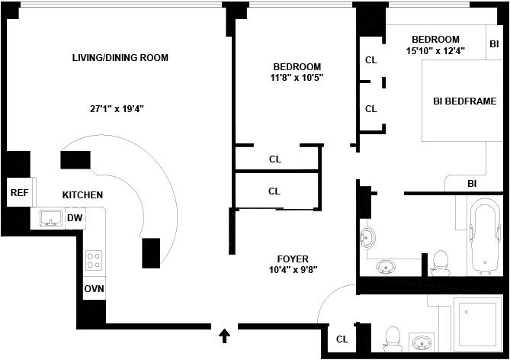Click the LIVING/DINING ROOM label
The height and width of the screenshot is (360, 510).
(120, 58)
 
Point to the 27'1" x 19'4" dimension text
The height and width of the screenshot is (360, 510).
(117, 109)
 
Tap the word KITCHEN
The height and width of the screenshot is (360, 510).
(82, 195)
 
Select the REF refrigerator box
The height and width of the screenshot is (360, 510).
(18, 192)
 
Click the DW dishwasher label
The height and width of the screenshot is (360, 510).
(75, 219)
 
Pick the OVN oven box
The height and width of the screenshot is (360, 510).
(94, 289)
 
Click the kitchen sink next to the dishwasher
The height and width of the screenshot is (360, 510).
(50, 218)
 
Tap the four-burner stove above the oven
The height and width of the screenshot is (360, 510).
(94, 261)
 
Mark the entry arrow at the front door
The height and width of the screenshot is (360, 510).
(225, 334)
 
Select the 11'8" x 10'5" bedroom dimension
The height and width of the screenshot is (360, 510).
(297, 78)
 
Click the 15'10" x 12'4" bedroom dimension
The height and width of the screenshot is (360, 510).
(435, 50)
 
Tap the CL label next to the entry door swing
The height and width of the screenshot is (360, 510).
(342, 339)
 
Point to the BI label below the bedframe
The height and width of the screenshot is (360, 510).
(472, 183)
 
